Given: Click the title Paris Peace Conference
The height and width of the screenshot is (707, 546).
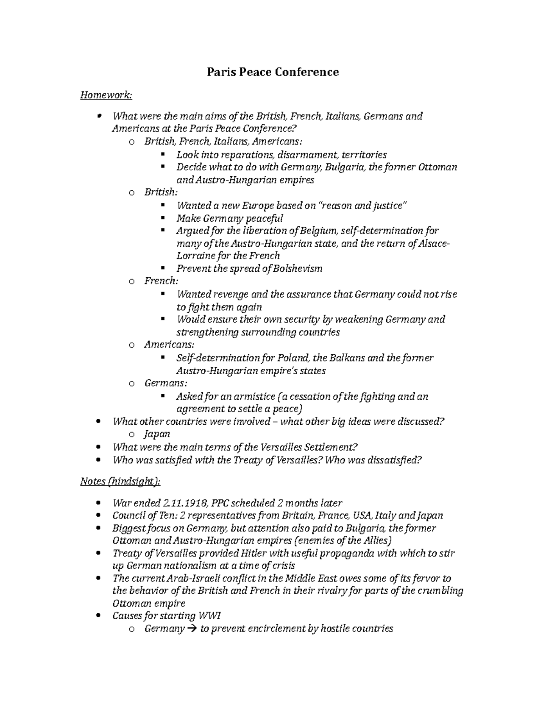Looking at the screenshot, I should [x=273, y=72].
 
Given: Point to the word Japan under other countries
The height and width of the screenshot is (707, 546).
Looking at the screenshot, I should [x=157, y=434].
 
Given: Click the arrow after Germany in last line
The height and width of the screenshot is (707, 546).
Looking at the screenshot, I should [x=192, y=629].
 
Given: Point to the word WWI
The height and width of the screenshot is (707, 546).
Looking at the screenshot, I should [x=210, y=616].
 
